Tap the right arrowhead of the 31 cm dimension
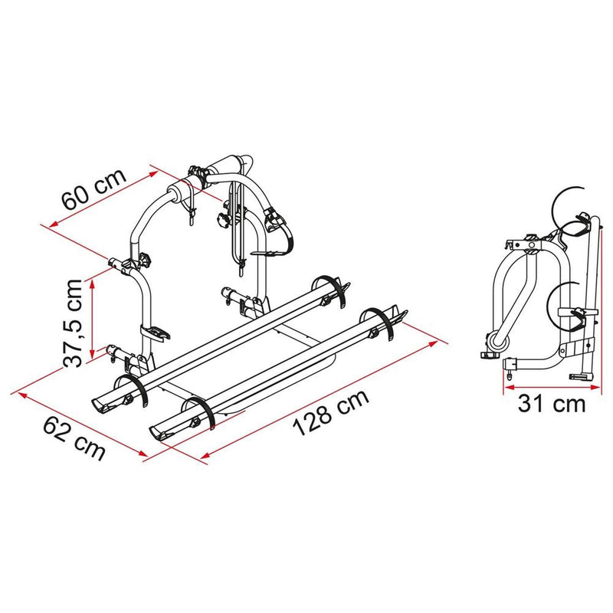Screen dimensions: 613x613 [600, 384]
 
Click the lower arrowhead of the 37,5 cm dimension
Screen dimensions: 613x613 [92, 353]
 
